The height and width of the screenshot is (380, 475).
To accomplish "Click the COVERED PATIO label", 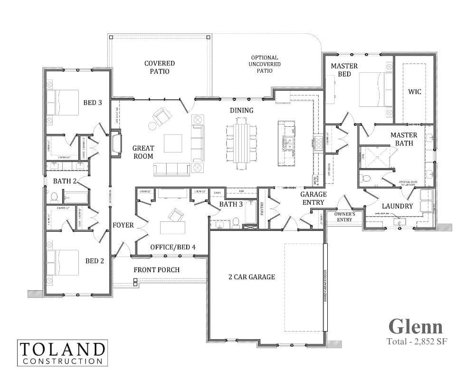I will tap(160, 67).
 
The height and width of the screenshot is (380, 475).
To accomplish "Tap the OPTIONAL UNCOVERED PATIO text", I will tap(266, 64).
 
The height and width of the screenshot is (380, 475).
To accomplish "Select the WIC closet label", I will tap(415, 91).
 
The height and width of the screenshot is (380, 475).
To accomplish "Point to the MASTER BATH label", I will tap(404, 139).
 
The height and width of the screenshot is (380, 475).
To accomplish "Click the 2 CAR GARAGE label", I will tap(252, 276).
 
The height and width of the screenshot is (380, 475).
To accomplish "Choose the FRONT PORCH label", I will tap(157, 270).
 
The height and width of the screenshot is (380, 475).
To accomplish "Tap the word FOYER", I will tap(123, 225).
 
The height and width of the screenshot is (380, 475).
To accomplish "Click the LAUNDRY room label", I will tap(397, 206).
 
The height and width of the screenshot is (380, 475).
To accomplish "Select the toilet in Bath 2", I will tap(54, 197).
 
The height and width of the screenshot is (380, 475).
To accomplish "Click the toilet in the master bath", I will tap(366, 179).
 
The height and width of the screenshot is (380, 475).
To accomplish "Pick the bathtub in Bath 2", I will tap(76, 197).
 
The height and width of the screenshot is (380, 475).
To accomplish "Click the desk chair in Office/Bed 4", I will tap(176, 215).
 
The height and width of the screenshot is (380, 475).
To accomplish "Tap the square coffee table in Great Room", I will tap(173, 142).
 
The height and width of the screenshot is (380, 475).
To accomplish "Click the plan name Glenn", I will tap(416, 326).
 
